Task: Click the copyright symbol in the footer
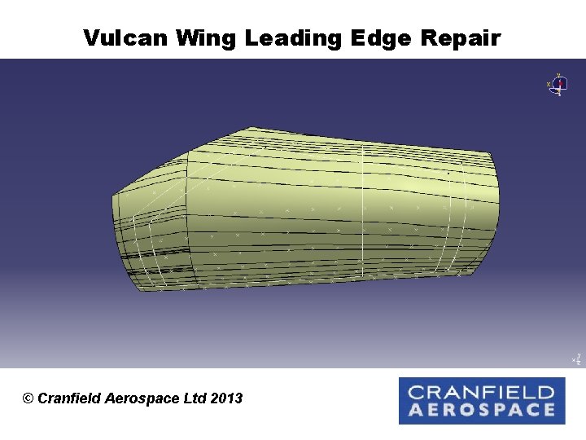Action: click(28, 398)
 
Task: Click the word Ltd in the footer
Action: click(194, 398)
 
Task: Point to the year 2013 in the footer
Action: click(226, 398)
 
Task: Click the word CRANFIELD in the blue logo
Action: click(481, 392)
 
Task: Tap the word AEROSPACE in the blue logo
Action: click(481, 410)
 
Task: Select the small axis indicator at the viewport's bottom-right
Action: click(576, 359)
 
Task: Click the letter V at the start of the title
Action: click(90, 38)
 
